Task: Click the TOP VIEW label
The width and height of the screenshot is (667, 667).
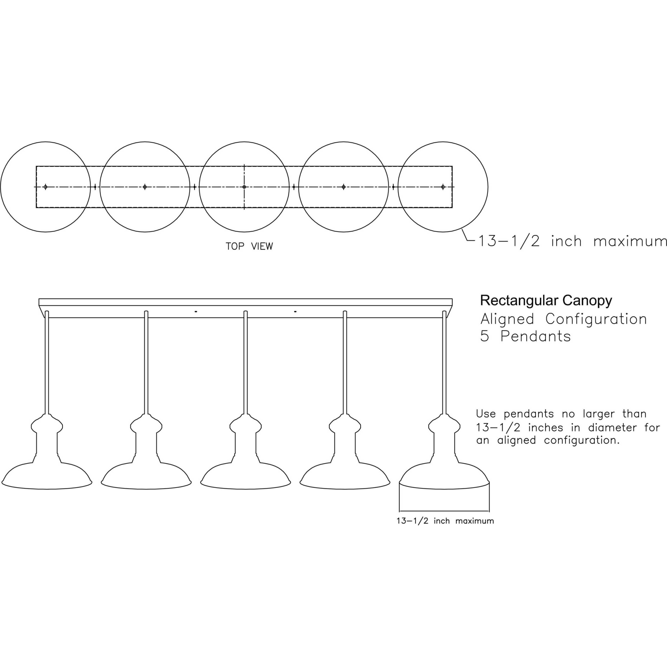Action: [249, 246]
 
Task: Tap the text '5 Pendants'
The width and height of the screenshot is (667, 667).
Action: [525, 336]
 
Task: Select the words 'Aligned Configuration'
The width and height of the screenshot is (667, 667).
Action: [563, 319]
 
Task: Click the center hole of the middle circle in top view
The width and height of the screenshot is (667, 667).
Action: [244, 187]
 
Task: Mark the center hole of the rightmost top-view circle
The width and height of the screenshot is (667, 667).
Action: [443, 187]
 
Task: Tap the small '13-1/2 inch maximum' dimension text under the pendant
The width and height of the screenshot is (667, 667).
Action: [445, 521]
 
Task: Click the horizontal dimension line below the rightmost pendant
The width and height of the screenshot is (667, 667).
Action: [444, 511]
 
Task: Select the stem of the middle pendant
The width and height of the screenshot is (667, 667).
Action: [245, 363]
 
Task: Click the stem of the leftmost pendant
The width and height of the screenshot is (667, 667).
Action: [47, 363]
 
